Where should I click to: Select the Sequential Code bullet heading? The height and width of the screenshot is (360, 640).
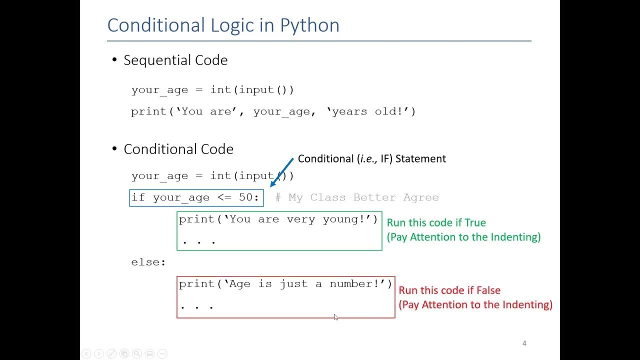(175, 60)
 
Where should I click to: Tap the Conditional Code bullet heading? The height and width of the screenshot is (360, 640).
(178, 149)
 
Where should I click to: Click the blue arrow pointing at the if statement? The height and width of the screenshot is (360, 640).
(281, 172)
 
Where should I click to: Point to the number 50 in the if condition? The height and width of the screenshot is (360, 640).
(248, 197)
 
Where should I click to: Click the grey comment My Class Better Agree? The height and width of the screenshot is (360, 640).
(357, 197)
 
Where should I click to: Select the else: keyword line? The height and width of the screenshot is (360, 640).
(148, 262)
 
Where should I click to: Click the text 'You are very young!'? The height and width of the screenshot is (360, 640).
(278, 219)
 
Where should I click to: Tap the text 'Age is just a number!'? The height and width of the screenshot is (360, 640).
(285, 284)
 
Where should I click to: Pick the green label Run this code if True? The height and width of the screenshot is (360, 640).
(436, 223)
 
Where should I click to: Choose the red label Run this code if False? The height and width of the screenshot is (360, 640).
(449, 290)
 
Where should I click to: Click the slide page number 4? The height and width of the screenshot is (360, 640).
(524, 343)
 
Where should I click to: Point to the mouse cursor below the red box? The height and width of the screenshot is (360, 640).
(335, 316)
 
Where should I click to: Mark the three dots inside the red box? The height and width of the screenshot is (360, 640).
(197, 306)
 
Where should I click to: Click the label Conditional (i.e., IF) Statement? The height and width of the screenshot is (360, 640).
(371, 159)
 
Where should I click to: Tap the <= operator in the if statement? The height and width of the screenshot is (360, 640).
(224, 197)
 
